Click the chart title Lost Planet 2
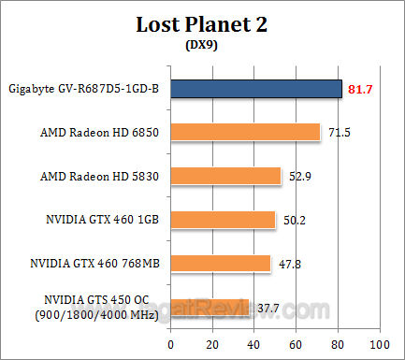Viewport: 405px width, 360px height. tap(203, 24)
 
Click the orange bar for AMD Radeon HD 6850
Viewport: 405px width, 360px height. tap(245, 133)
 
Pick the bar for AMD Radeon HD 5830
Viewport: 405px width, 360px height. tap(225, 176)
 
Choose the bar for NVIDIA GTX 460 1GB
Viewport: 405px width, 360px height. tap(223, 220)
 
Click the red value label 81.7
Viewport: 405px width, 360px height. tap(361, 90)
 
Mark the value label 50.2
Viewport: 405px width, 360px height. tap(296, 220)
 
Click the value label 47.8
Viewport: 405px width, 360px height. tap(290, 264)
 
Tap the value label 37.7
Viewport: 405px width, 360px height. tap(269, 307)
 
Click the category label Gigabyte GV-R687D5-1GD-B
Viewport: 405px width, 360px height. tap(83, 90)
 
